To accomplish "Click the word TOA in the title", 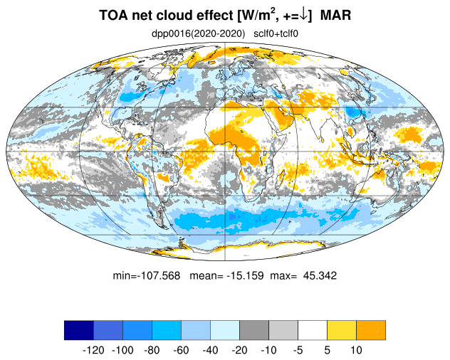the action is pos(113,15).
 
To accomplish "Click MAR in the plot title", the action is pos(335,15).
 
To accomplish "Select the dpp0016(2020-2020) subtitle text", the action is pos(198,34).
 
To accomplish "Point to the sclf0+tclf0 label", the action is pos(276,34).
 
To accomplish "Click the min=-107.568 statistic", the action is pos(147,275).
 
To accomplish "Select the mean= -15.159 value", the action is pos(226,275).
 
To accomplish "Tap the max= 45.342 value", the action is pos(303,275).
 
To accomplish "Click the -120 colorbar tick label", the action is pos(93,350).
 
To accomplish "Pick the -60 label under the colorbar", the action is pos(181,350).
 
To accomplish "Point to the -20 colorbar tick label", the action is pos(239,350).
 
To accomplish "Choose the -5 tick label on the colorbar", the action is pos(298,350).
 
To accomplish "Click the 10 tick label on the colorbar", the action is pos(356,350).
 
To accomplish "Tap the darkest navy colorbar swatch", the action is pos(79,330).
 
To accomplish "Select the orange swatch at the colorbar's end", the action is pos(371,330).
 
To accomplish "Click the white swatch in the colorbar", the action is pos(313,330).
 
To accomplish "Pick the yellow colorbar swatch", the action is pos(342,330).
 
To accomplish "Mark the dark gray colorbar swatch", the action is pos(254,330).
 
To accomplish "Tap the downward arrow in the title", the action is pos(303,16).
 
